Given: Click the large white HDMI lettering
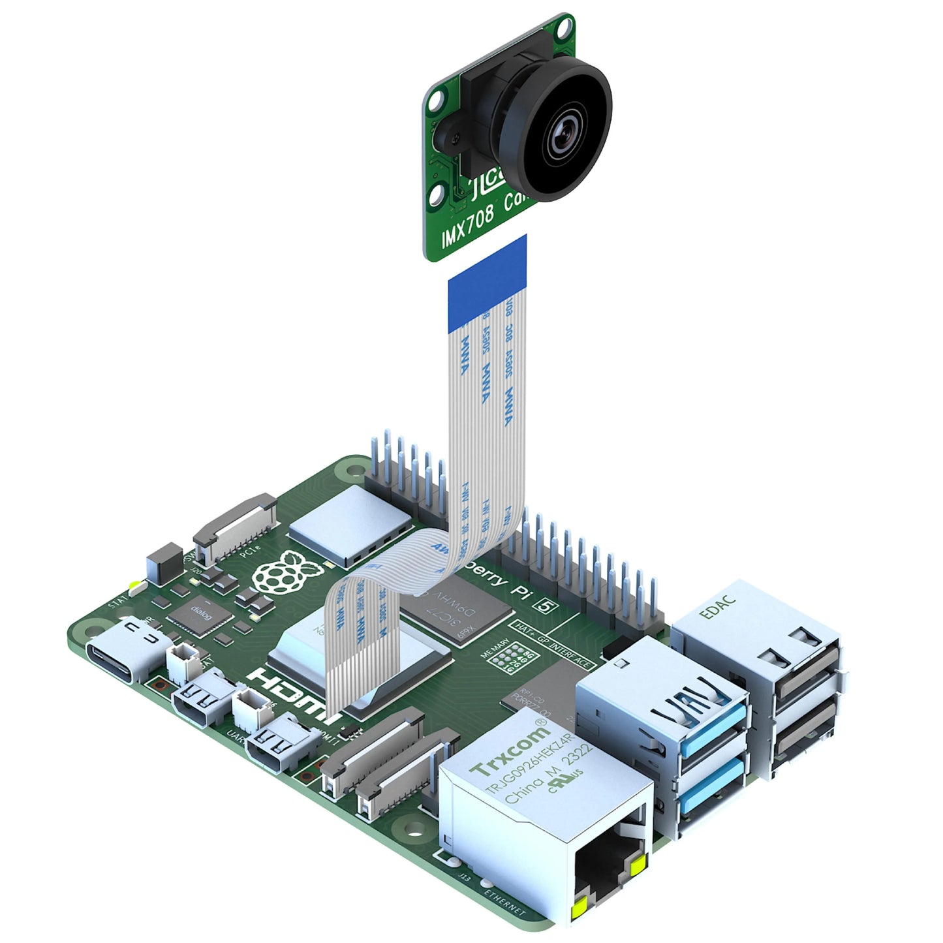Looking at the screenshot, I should tap(294, 696).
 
